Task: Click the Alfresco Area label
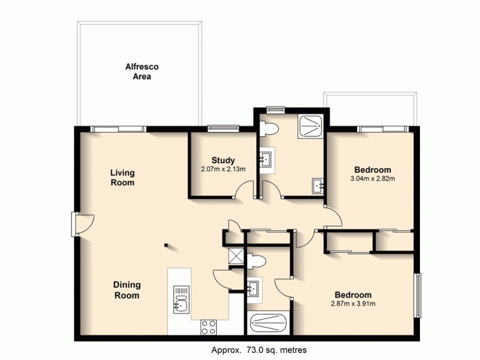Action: [137, 71]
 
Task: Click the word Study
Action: [223, 160]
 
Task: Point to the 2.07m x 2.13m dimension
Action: [223, 170]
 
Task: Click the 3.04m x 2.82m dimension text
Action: [372, 178]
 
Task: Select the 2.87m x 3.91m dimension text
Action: [353, 304]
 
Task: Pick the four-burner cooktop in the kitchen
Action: [208, 328]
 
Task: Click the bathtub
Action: [269, 325]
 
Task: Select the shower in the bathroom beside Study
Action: [310, 125]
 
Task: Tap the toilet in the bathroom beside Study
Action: [268, 128]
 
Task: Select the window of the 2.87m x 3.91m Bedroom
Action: [418, 296]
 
